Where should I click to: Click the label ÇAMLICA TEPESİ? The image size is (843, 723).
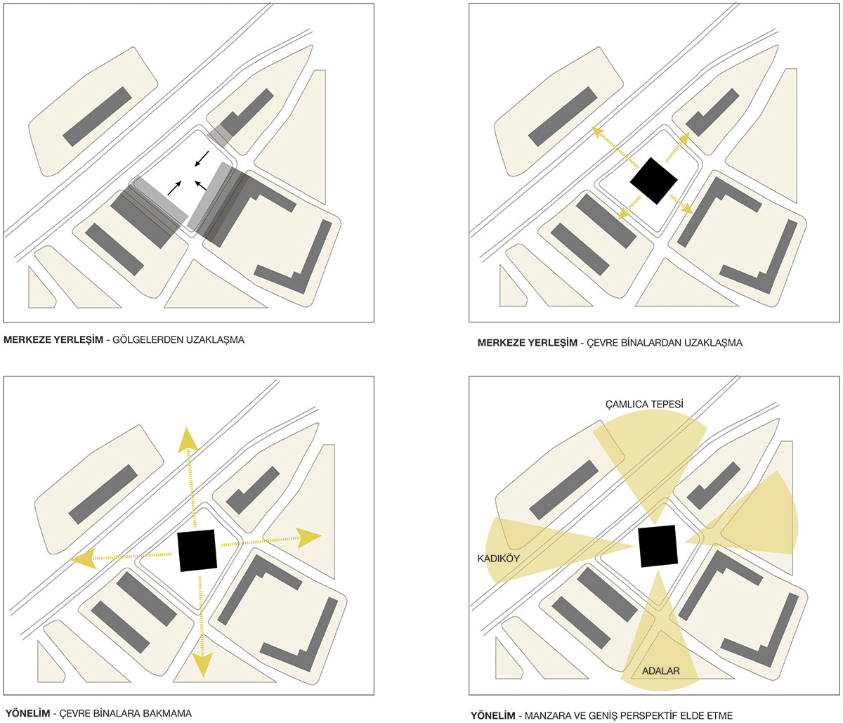[x=644, y=404]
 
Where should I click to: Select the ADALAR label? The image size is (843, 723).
[x=660, y=671]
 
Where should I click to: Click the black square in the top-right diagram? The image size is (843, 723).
[x=653, y=181]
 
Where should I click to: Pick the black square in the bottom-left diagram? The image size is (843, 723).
[x=197, y=550]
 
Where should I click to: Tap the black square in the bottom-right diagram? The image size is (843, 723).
[x=658, y=546]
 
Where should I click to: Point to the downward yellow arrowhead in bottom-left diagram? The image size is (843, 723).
[x=202, y=663]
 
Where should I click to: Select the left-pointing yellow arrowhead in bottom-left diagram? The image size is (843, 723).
[x=83, y=559]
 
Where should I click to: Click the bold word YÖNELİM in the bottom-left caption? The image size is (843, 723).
[x=27, y=713]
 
